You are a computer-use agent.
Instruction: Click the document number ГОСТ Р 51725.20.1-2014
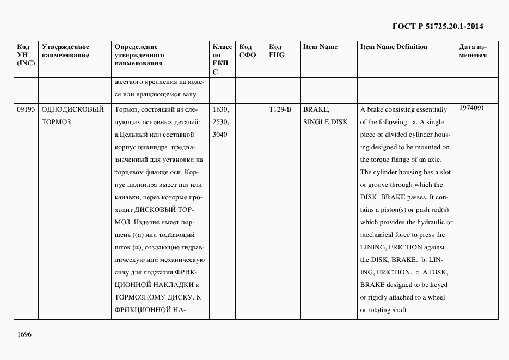coord(438,26)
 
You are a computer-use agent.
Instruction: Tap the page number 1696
coord(24,334)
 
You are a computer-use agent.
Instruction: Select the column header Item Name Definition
coord(394,47)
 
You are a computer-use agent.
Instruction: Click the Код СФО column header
coord(248,51)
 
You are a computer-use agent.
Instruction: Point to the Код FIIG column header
coord(277,51)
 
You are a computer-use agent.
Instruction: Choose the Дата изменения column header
coord(473,51)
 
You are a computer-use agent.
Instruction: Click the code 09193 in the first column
coord(26,109)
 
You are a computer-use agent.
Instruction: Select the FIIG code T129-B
coord(280,109)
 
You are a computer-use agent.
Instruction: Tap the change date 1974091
coord(471,108)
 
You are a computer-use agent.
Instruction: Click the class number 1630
coord(220,109)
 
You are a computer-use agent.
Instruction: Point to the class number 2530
coord(220,122)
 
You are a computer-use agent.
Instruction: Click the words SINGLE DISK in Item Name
coord(324,122)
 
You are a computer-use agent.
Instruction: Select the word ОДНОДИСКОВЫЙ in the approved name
coord(72,109)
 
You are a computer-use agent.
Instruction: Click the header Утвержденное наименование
coord(65,51)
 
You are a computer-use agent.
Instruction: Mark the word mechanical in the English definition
coord(379,235)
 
